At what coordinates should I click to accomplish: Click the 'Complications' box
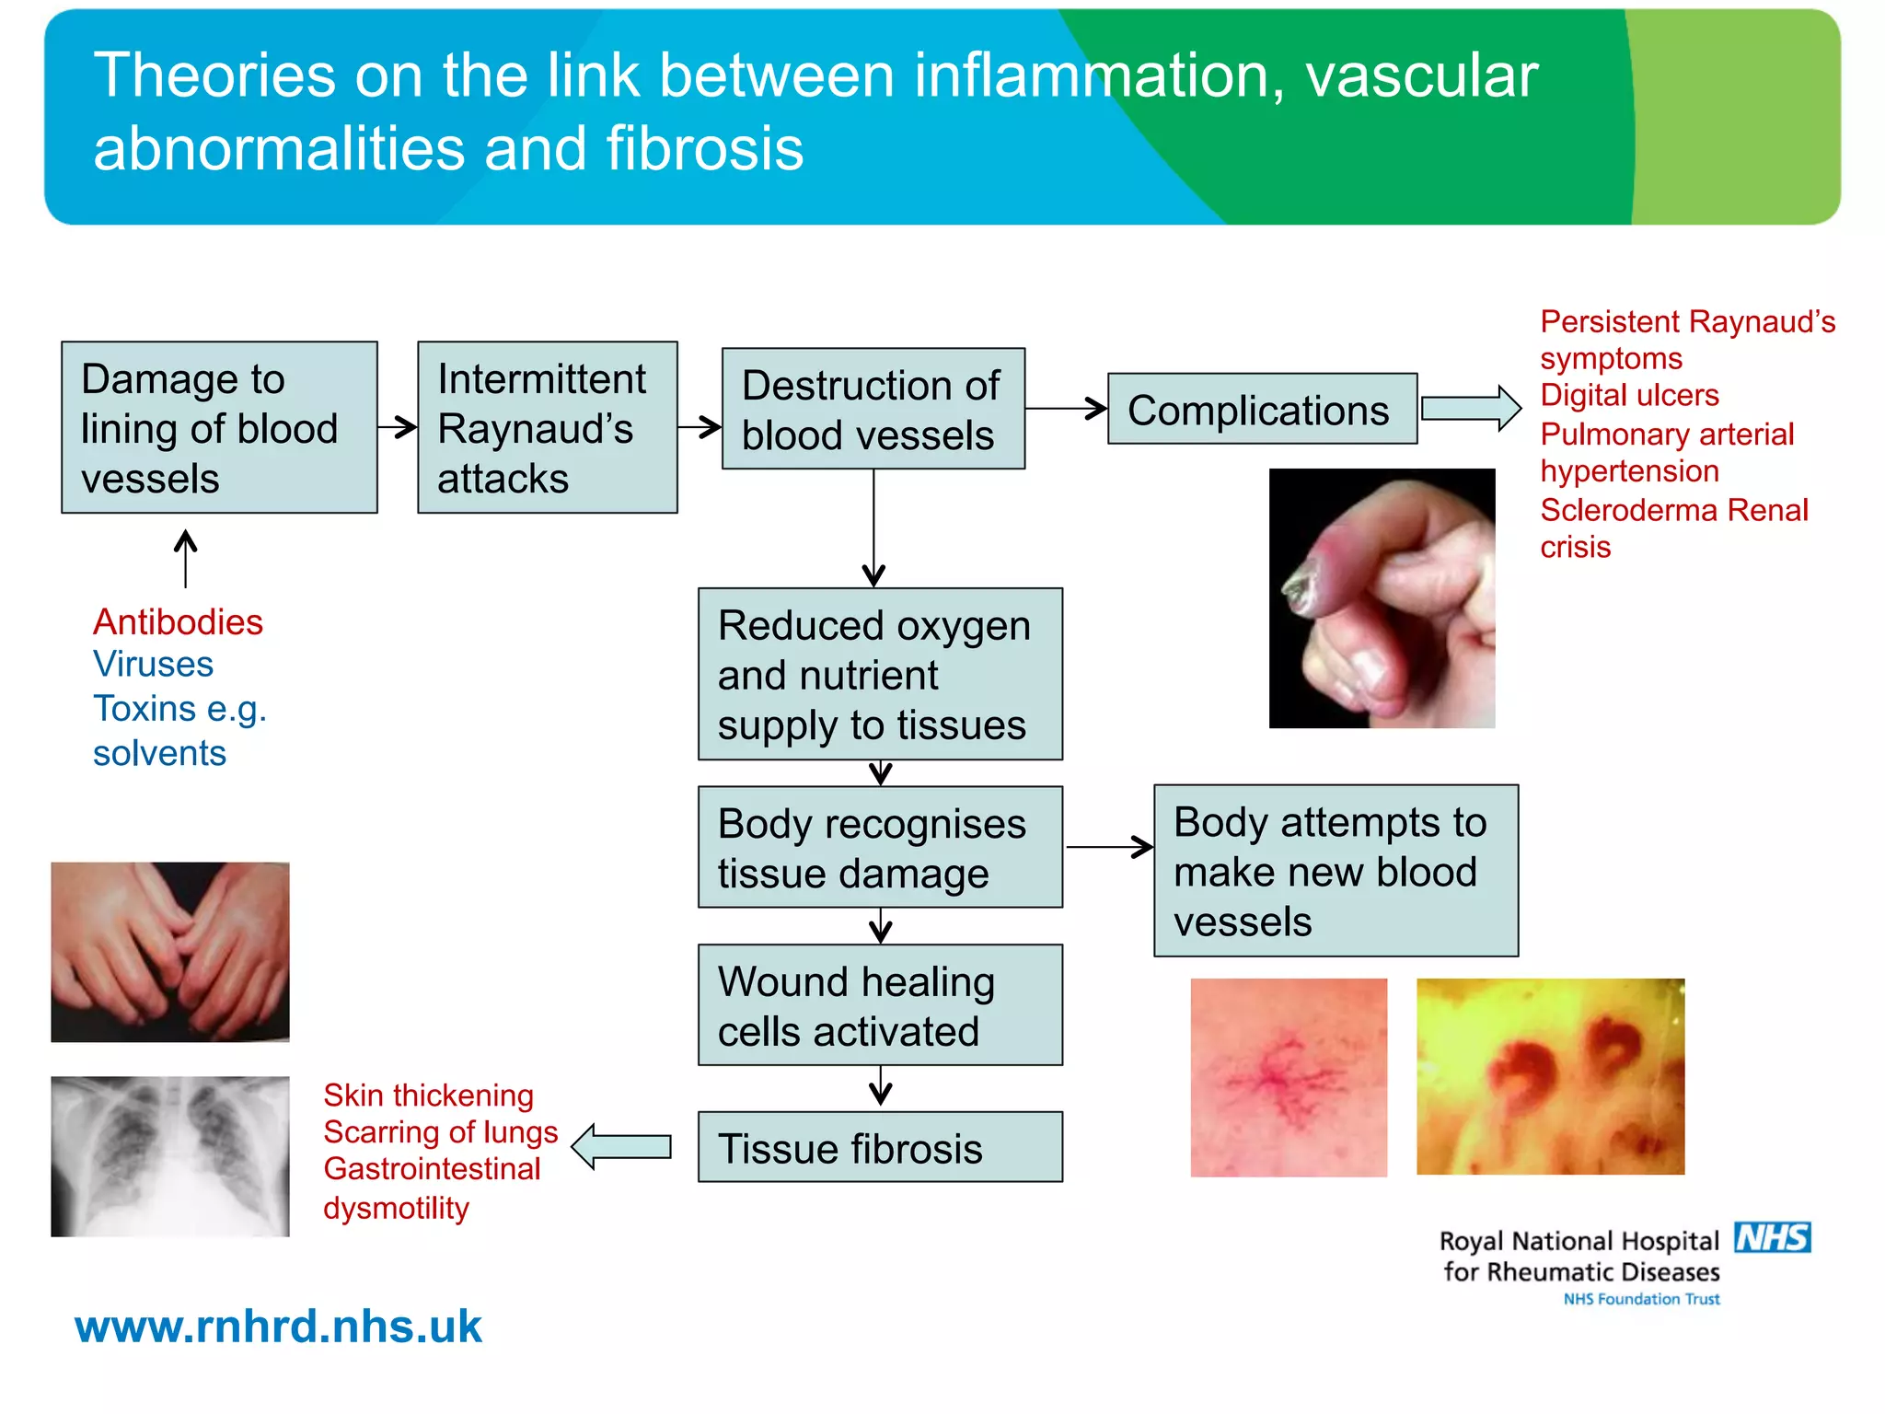1262,409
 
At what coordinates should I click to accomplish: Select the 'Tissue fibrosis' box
880,1147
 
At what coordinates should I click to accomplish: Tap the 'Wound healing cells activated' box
880,1005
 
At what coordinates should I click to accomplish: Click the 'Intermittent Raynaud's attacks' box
548,427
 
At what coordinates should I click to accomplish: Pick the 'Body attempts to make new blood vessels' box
1336,871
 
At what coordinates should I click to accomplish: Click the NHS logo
1772,1238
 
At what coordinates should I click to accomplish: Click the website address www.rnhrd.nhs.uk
278,1327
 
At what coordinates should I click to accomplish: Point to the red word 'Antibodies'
178,622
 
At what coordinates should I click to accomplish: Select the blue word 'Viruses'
153,665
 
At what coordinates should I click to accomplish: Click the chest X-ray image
170,1156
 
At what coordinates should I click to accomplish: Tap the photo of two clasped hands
170,952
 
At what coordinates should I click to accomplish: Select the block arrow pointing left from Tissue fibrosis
622,1147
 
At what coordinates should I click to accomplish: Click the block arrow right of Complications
1471,408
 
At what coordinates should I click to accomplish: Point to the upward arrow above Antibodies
186,558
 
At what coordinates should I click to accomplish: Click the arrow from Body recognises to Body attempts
1109,847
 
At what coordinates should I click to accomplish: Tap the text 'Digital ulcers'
1629,395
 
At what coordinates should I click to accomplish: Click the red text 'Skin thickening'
428,1095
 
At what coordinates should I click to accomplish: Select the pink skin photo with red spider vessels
1289,1077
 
